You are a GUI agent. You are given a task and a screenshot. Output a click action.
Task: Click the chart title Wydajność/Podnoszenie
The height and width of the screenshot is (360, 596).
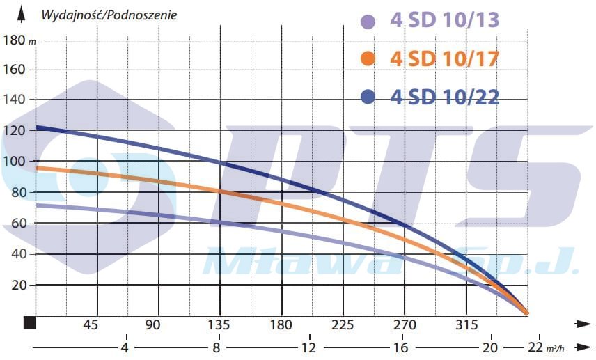[x=109, y=15]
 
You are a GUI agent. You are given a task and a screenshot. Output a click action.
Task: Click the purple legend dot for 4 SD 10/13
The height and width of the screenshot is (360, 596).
[x=368, y=22]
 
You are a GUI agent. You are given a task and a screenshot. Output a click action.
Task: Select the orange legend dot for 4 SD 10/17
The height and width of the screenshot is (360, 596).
[x=368, y=59]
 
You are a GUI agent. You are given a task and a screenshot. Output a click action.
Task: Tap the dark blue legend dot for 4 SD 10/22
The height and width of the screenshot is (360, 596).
[x=368, y=97]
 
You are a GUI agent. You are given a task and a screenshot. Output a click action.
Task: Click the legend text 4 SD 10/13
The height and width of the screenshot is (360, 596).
[x=445, y=21]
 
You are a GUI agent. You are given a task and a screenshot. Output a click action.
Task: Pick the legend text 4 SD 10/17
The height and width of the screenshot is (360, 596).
[x=445, y=59]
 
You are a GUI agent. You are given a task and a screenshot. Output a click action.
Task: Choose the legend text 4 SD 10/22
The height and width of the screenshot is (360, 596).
[x=445, y=97]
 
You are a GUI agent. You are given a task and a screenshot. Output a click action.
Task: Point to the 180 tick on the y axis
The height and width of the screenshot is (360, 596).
[x=14, y=40]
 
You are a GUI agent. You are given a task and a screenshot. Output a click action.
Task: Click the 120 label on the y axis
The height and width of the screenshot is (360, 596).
[x=14, y=131]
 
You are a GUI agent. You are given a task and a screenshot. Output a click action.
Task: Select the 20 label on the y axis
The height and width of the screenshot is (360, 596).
[x=17, y=285]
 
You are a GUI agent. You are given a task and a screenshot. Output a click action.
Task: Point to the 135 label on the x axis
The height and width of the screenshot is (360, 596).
[x=219, y=324]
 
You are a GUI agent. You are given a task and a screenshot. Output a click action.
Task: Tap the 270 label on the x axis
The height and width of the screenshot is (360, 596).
[x=405, y=324]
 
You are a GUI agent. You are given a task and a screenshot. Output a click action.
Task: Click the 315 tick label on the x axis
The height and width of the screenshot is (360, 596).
[x=466, y=324]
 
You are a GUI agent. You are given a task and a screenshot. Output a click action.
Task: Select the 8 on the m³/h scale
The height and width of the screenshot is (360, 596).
[x=217, y=347]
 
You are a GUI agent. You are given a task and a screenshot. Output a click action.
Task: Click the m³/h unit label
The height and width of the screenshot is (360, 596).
[x=555, y=348]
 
